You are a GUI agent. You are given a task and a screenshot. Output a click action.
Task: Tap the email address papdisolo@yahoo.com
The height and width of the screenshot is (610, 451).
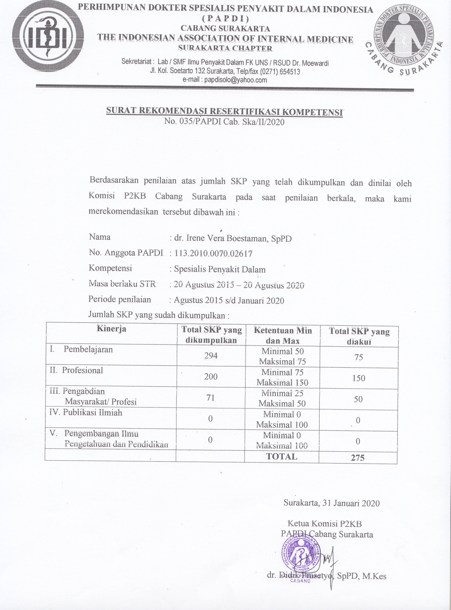point(235,80)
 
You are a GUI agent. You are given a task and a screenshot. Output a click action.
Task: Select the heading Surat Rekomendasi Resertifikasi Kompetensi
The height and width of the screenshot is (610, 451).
point(224,112)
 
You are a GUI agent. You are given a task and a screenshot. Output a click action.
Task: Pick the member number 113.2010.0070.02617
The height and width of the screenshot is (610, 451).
point(213,254)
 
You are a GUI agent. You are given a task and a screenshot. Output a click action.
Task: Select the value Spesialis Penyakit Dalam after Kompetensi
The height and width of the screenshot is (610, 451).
point(220,269)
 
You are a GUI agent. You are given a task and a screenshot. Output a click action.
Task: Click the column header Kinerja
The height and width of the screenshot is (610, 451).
point(111,329)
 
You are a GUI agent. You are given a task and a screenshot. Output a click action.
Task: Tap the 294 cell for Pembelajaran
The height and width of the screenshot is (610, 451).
point(211,355)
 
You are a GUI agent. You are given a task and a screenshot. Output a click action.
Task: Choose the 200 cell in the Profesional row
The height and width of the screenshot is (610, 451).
point(211,377)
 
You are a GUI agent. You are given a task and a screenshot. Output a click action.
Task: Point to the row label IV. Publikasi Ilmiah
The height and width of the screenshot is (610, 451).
point(86,413)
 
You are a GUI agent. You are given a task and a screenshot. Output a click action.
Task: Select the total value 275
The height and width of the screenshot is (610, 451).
point(358,458)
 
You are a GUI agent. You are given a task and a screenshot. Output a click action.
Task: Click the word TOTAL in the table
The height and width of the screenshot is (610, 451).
point(282,457)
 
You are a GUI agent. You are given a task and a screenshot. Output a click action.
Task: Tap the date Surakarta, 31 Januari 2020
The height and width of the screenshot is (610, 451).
point(331,503)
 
